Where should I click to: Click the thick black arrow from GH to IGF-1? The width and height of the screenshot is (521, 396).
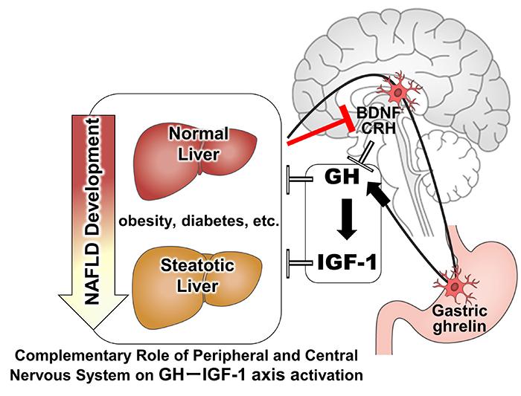(344, 220)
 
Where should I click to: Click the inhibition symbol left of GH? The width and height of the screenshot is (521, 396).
(296, 179)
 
